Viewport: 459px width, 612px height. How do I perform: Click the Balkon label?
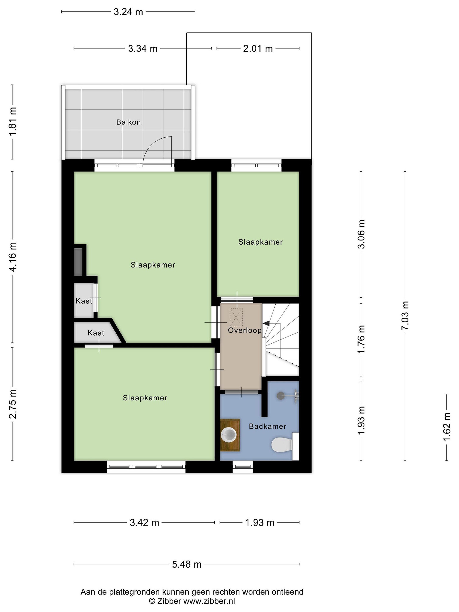pyautogui.click(x=128, y=122)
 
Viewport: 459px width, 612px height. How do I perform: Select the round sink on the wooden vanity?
pyautogui.click(x=228, y=434)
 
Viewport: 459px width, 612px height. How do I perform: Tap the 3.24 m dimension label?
pyautogui.click(x=128, y=12)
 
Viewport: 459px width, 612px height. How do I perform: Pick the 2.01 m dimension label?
pyautogui.click(x=258, y=49)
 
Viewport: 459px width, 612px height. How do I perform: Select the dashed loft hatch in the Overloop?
pyautogui.click(x=236, y=317)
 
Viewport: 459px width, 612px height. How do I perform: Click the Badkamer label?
pyautogui.click(x=267, y=426)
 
